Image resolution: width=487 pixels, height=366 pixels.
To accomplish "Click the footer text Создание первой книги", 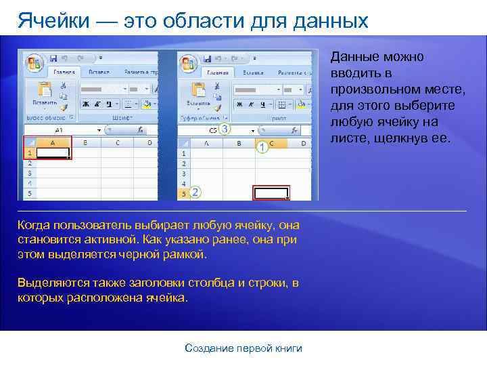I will pyautogui.click(x=243, y=348).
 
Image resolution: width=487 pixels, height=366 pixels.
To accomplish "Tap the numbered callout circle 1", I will pyautogui.click(x=262, y=146).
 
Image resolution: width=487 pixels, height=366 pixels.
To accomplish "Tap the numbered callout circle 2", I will pyautogui.click(x=195, y=192).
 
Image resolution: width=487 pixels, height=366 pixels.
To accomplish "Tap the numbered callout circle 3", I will pyautogui.click(x=224, y=128).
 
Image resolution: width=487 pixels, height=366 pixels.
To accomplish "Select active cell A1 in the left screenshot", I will pyautogui.click(x=53, y=153).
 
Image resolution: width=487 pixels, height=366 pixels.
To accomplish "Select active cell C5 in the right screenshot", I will pyautogui.click(x=271, y=193).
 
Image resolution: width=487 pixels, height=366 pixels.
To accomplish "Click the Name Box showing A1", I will pyautogui.click(x=60, y=129).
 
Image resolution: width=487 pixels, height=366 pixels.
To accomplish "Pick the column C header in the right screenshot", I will pyautogui.click(x=271, y=143).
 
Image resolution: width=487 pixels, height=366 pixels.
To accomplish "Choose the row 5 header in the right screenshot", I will pyautogui.click(x=183, y=193).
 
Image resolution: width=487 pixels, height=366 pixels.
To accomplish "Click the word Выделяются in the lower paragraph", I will pyautogui.click(x=46, y=283).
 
